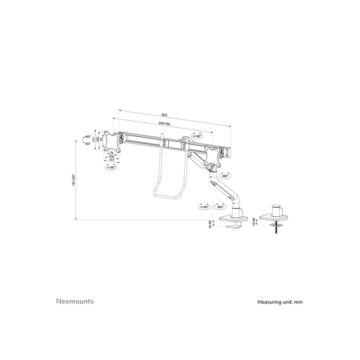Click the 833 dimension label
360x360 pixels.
pos(165,114)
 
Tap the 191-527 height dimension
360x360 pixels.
pos(74,179)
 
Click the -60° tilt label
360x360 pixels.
pos(88,143)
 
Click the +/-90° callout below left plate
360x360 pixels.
pos(111,167)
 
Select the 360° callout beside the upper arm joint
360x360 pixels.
pos(225,175)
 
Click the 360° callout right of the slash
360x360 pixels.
pos(220,207)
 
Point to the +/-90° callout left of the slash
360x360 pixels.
pos(205,207)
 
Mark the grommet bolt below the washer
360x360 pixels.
pos(276,230)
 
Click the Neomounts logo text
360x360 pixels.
pos(74,301)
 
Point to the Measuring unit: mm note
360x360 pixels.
pos(280,302)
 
